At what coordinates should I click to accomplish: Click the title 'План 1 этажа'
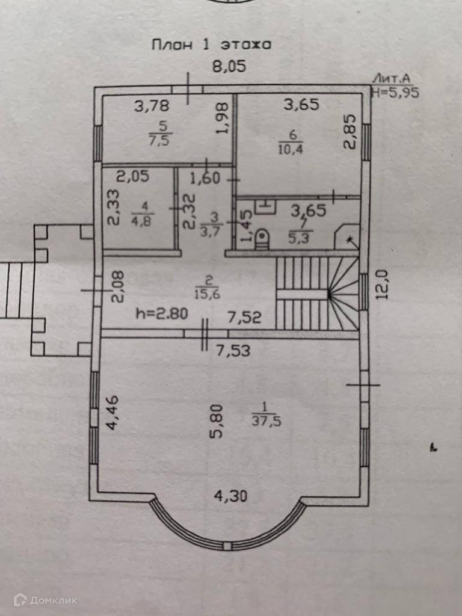pyautogui.click(x=211, y=45)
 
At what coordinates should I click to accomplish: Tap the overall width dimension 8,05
pyautogui.click(x=229, y=67)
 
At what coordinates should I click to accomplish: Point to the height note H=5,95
pyautogui.click(x=395, y=92)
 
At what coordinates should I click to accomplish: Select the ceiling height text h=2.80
pyautogui.click(x=162, y=313)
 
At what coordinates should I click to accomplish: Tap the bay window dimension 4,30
pyautogui.click(x=231, y=496)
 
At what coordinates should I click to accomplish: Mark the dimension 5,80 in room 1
pyautogui.click(x=217, y=420)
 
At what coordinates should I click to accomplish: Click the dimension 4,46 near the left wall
pyautogui.click(x=112, y=413)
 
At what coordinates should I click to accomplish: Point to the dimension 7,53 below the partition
pyautogui.click(x=232, y=350)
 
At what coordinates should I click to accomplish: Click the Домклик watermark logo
pyautogui.click(x=46, y=600)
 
